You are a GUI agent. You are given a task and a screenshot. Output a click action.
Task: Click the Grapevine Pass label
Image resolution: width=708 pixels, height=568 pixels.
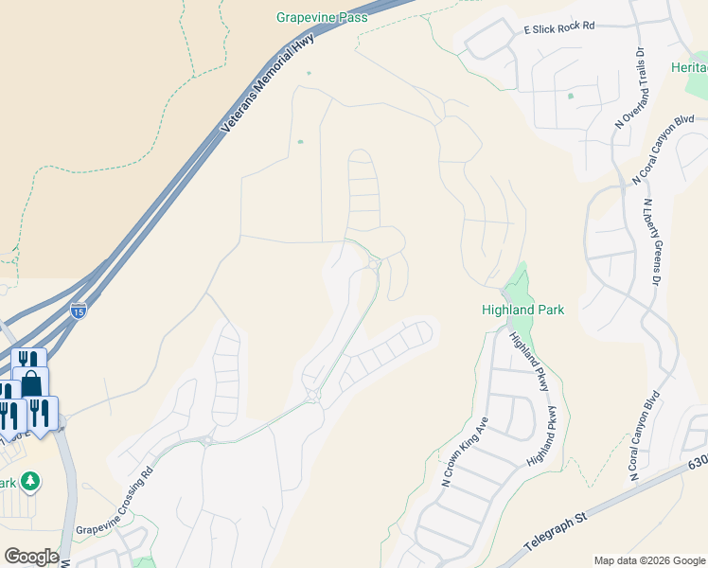pos(323,17)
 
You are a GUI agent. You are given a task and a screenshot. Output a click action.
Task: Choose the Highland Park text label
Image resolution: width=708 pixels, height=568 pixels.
pos(522,310)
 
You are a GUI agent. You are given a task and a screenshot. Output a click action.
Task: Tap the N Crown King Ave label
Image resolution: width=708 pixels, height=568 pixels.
pos(463,453)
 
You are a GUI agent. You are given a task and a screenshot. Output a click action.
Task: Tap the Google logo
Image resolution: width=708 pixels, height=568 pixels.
pos(30,556)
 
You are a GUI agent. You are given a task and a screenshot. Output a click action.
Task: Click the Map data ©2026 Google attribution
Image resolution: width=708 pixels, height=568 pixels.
pos(648,560)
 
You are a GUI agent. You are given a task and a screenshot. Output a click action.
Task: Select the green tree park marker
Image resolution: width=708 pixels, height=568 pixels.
pos(30,482)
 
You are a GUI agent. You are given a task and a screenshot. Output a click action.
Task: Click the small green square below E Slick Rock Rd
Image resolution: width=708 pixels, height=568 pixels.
pos(570,96)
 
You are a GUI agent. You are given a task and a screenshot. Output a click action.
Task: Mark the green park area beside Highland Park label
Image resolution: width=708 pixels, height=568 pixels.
pos(517,283)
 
